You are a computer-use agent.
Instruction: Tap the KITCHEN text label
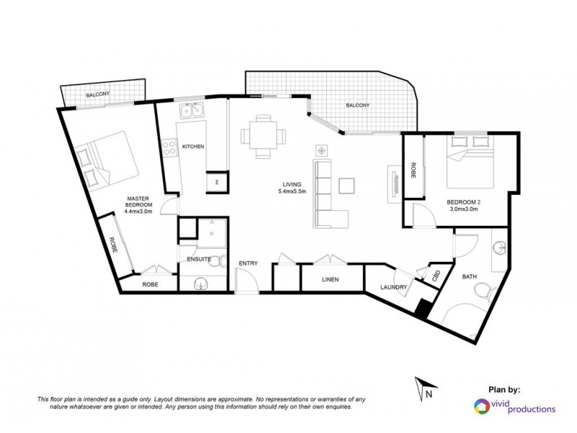click(193, 146)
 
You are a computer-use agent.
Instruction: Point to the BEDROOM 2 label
click(462, 204)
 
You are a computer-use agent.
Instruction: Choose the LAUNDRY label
click(394, 287)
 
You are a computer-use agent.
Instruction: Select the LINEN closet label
click(331, 279)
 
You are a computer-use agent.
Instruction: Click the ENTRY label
click(247, 264)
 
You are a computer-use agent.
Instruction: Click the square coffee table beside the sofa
click(347, 185)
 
